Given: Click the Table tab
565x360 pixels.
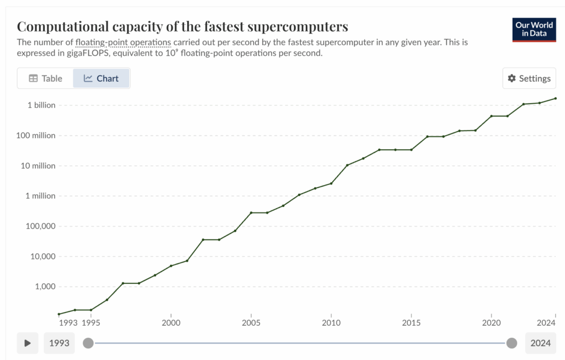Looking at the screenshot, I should (45, 78).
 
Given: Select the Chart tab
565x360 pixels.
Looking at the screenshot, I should (101, 78).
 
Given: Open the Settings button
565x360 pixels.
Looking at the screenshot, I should (529, 78).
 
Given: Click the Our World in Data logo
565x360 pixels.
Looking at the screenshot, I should (534, 30).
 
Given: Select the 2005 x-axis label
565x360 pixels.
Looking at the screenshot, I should (251, 322).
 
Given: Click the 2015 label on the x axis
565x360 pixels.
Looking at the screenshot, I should (411, 322).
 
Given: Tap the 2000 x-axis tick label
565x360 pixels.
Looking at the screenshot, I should (171, 322).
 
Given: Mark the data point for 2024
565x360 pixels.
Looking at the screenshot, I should (555, 98).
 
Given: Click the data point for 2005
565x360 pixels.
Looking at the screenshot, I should (251, 213).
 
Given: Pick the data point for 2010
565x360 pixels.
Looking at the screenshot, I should (331, 183).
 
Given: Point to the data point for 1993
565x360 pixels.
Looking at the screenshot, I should (59, 314).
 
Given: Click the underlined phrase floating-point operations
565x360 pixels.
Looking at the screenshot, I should (123, 42).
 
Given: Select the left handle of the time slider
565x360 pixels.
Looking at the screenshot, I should (88, 343).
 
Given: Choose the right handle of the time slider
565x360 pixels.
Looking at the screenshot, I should (511, 343).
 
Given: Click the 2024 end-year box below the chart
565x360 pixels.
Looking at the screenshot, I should (541, 343).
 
